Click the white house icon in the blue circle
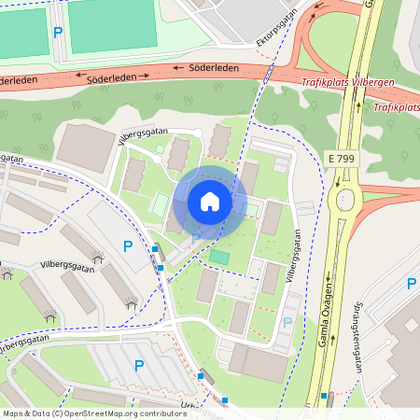[210, 201]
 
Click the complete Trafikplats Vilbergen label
[348, 82]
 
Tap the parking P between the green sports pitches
[58, 32]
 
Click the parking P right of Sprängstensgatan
[412, 283]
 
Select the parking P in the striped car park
[139, 366]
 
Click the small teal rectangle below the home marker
[219, 256]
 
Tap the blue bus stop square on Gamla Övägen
[324, 396]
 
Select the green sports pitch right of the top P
[113, 25]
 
